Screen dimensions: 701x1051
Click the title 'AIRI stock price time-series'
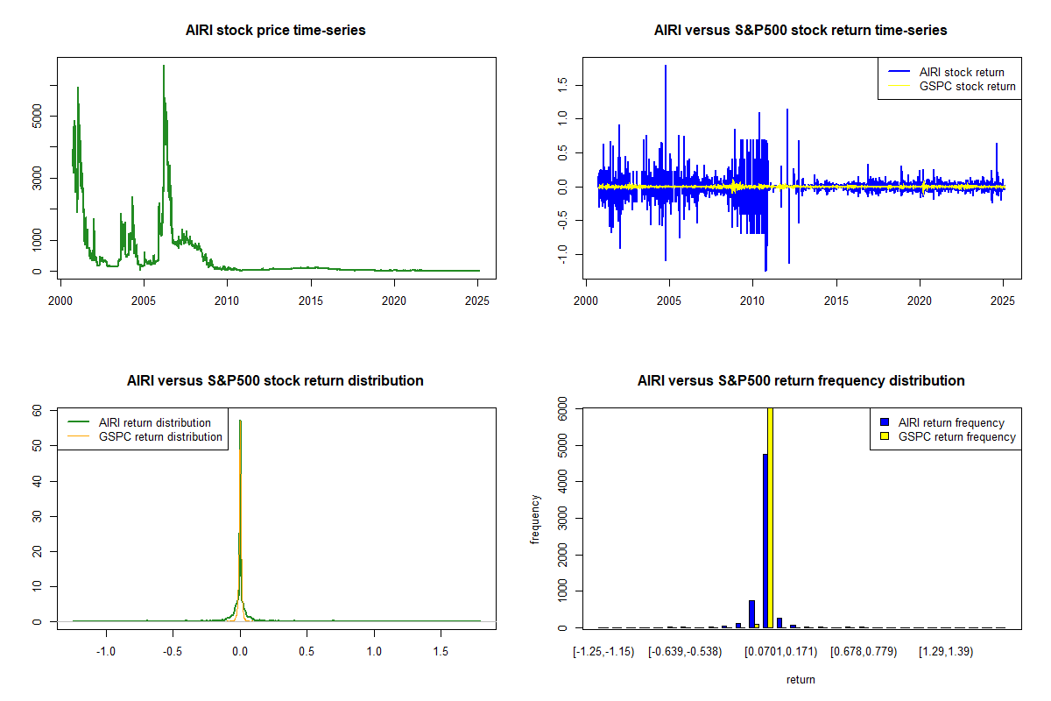coord(276,31)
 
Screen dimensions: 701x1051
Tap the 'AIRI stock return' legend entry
coord(961,72)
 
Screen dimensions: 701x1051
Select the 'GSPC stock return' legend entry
coord(967,86)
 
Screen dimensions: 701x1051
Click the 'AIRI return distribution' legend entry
coord(155,422)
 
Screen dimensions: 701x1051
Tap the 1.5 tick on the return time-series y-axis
coord(561,84)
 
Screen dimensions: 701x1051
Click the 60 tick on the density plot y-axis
coord(38,410)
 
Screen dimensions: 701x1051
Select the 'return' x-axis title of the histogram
coord(801,679)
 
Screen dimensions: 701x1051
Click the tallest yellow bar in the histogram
coord(771,517)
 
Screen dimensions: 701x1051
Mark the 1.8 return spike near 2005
coord(666,67)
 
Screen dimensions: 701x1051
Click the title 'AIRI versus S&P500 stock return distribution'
coord(276,381)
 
